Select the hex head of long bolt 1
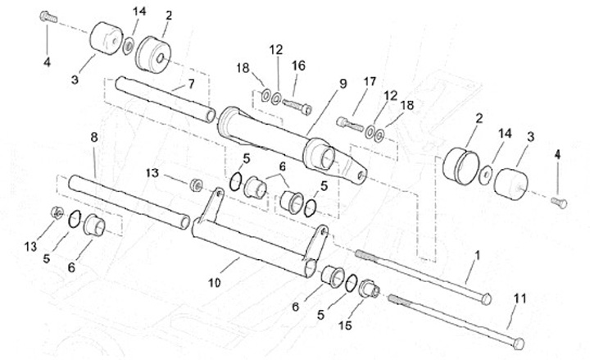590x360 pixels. tap(485, 297)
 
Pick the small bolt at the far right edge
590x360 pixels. tap(560, 201)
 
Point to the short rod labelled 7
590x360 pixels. tap(164, 98)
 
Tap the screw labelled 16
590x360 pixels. tap(298, 106)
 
